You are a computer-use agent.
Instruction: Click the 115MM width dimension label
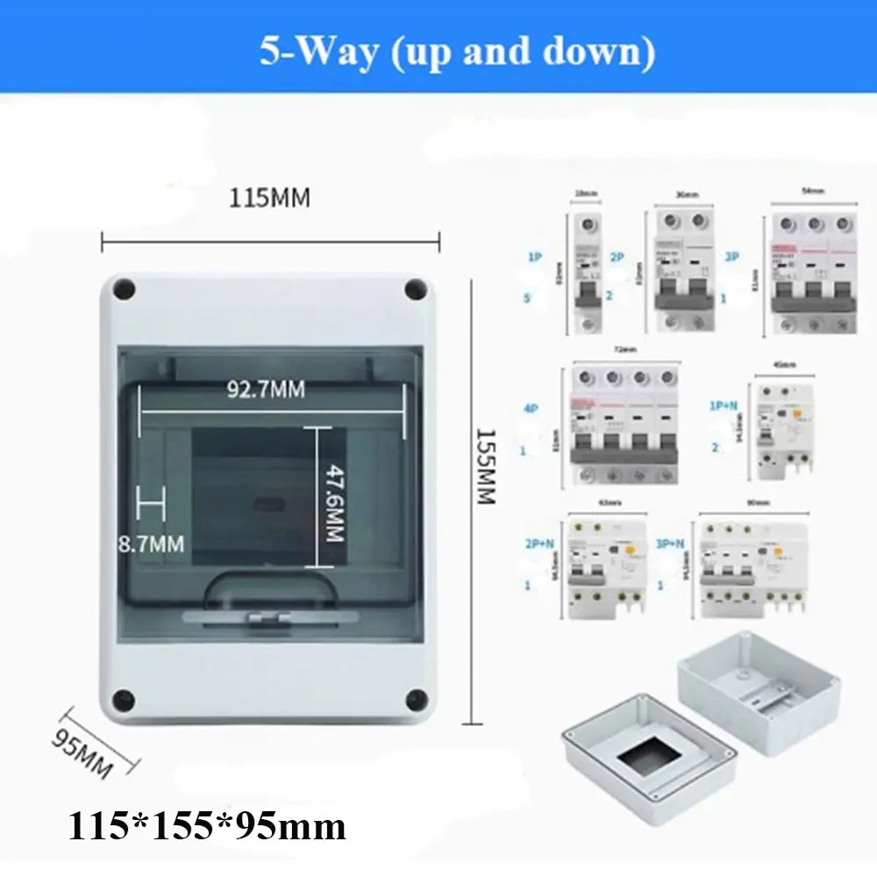270,198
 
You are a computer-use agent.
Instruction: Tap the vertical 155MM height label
485,466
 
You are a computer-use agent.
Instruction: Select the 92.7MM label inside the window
266,389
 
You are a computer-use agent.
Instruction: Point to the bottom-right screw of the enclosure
414,698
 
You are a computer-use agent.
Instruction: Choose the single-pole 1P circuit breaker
585,274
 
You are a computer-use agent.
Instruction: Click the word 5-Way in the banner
303,52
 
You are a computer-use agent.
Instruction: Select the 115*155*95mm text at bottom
207,825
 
